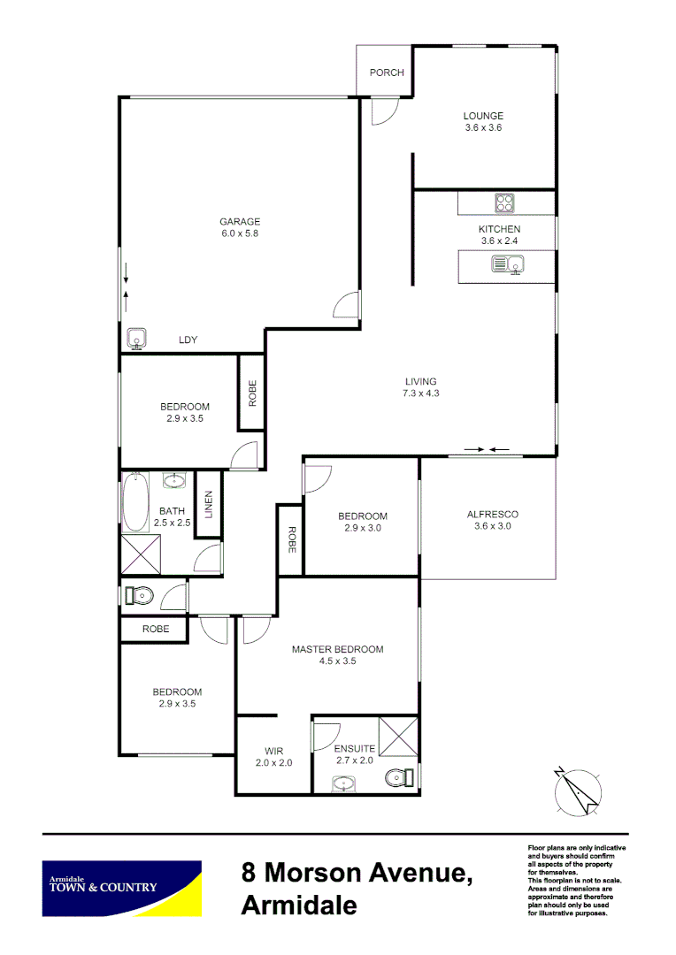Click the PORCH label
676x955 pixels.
click(387, 72)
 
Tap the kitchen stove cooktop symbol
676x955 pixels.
click(505, 202)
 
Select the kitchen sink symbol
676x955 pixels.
click(508, 264)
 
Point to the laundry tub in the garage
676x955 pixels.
click(137, 338)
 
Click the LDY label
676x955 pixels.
click(188, 340)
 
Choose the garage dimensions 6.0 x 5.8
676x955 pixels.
click(240, 234)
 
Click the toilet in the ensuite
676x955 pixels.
click(397, 778)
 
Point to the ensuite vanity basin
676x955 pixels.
click(343, 783)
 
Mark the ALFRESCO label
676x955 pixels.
click(492, 514)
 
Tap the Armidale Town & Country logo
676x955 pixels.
click(122, 887)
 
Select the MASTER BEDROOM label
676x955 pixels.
click(338, 649)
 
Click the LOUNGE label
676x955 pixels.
click(483, 115)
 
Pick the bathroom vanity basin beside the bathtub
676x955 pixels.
click(175, 481)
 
